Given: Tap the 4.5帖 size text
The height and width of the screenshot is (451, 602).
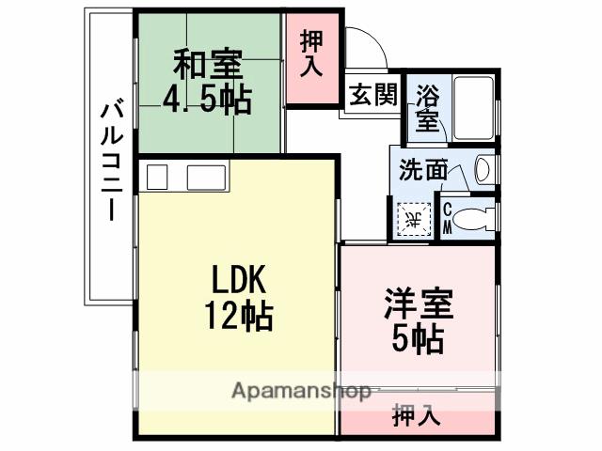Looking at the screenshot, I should point(208,98).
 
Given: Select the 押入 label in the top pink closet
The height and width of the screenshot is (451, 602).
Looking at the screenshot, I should point(312,54).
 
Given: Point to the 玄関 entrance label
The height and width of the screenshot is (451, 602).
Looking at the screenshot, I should point(372,96).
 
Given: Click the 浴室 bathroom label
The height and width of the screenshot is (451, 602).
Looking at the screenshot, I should point(428,107).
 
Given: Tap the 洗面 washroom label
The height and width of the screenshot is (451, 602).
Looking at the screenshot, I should point(422,170).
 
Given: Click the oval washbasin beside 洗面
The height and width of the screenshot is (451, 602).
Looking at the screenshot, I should point(482,170).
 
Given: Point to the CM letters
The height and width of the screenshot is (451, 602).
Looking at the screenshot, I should point(447,218).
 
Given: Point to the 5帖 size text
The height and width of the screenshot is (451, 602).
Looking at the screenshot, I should point(419,338).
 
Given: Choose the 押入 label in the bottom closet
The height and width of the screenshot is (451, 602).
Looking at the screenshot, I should point(417,413).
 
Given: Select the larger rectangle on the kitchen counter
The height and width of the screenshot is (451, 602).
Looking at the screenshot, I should point(207,178).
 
